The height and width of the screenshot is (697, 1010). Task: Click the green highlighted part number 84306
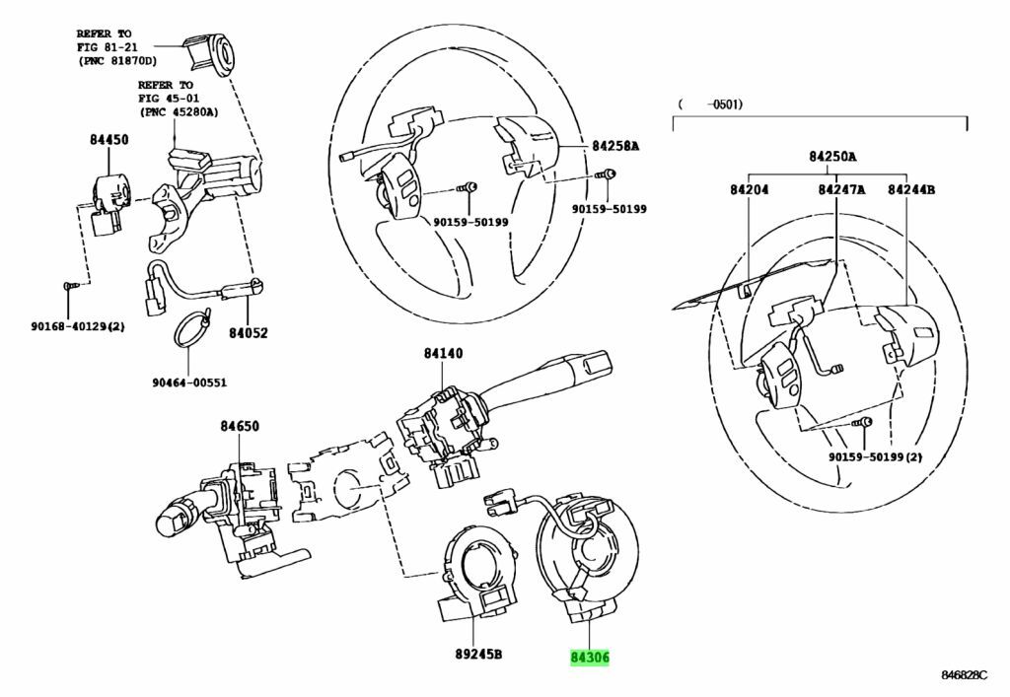(590, 657)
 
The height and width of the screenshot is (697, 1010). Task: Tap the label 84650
(239, 426)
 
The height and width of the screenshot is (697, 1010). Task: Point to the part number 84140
(443, 352)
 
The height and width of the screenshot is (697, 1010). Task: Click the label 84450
(108, 141)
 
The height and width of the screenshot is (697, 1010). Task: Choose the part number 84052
(248, 334)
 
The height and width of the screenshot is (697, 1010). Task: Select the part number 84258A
(615, 146)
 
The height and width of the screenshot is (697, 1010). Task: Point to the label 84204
(750, 189)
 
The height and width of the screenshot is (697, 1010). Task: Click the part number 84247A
(841, 189)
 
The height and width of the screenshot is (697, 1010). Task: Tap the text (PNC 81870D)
(121, 60)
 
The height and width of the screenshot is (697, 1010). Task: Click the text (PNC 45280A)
(178, 111)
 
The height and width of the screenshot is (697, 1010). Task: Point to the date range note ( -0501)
(709, 104)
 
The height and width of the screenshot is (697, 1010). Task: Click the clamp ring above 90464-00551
(193, 327)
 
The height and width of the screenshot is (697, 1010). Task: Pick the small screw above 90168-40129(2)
(69, 285)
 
